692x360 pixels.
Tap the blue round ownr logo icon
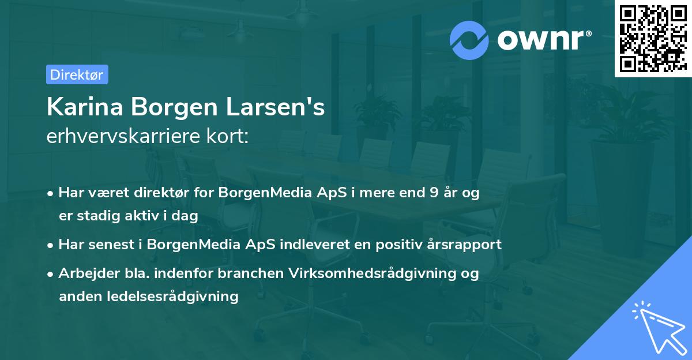(469, 40)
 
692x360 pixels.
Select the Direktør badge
(77, 74)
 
